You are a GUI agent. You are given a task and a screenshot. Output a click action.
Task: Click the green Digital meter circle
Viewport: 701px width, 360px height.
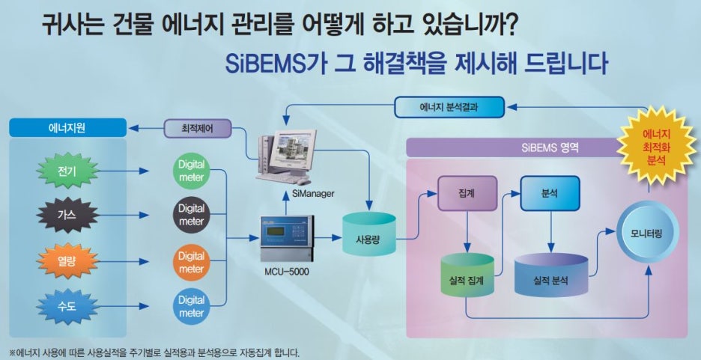[191, 171]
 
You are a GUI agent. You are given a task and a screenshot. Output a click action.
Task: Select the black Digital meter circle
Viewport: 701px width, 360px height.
[191, 215]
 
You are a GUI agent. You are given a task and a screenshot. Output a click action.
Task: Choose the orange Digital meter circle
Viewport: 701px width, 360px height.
[191, 262]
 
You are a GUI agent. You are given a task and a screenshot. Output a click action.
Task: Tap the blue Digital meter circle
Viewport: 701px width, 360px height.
[191, 306]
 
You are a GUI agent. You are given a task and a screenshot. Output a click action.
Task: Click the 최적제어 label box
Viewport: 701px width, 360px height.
[197, 128]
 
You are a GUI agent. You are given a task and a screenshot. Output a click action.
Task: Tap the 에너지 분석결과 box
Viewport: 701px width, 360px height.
[449, 107]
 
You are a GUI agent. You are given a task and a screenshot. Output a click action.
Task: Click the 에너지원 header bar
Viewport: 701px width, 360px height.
[66, 128]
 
